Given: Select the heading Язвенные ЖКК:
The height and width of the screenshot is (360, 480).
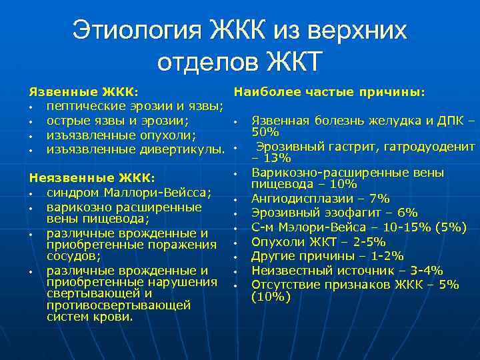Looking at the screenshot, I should pyautogui.click(x=83, y=91).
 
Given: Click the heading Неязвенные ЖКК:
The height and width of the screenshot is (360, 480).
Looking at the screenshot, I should pyautogui.click(x=92, y=178).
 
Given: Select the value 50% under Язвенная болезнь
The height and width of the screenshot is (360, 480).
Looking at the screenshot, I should pyautogui.click(x=265, y=132).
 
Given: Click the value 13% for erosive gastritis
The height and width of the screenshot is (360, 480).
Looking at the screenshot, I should pyautogui.click(x=277, y=158).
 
